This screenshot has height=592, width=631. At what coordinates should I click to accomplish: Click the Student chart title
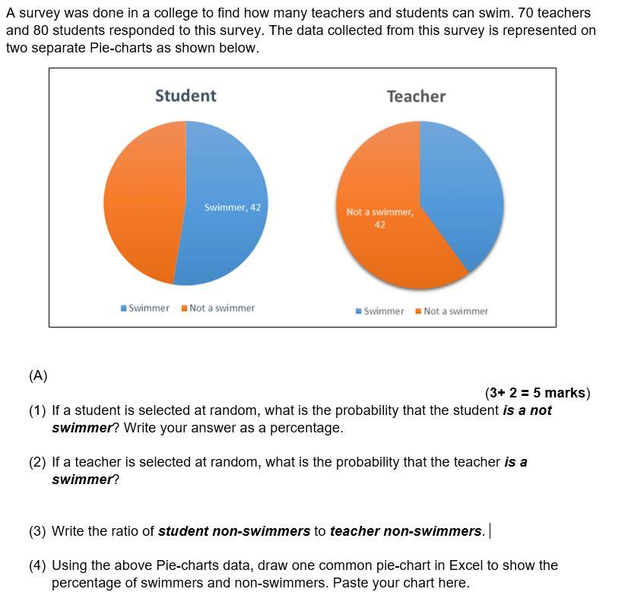click(185, 96)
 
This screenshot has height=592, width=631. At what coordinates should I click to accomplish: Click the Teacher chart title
click(416, 97)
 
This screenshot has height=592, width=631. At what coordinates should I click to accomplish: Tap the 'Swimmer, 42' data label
click(233, 207)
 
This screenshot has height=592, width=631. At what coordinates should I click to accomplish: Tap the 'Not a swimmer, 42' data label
click(379, 218)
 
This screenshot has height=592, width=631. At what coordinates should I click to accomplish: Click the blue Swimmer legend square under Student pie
click(124, 308)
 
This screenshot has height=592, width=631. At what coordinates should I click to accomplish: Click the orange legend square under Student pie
click(185, 308)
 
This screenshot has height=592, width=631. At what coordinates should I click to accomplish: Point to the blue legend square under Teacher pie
click(359, 311)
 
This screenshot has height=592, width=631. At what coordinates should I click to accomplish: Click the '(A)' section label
click(38, 375)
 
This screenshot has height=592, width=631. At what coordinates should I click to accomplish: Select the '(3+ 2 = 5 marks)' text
click(537, 393)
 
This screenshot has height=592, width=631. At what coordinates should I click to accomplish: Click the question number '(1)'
click(37, 410)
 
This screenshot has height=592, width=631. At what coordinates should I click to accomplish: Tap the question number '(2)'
click(37, 462)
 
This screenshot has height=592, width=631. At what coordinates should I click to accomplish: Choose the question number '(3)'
click(37, 531)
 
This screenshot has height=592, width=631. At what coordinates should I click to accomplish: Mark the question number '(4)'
click(37, 565)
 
